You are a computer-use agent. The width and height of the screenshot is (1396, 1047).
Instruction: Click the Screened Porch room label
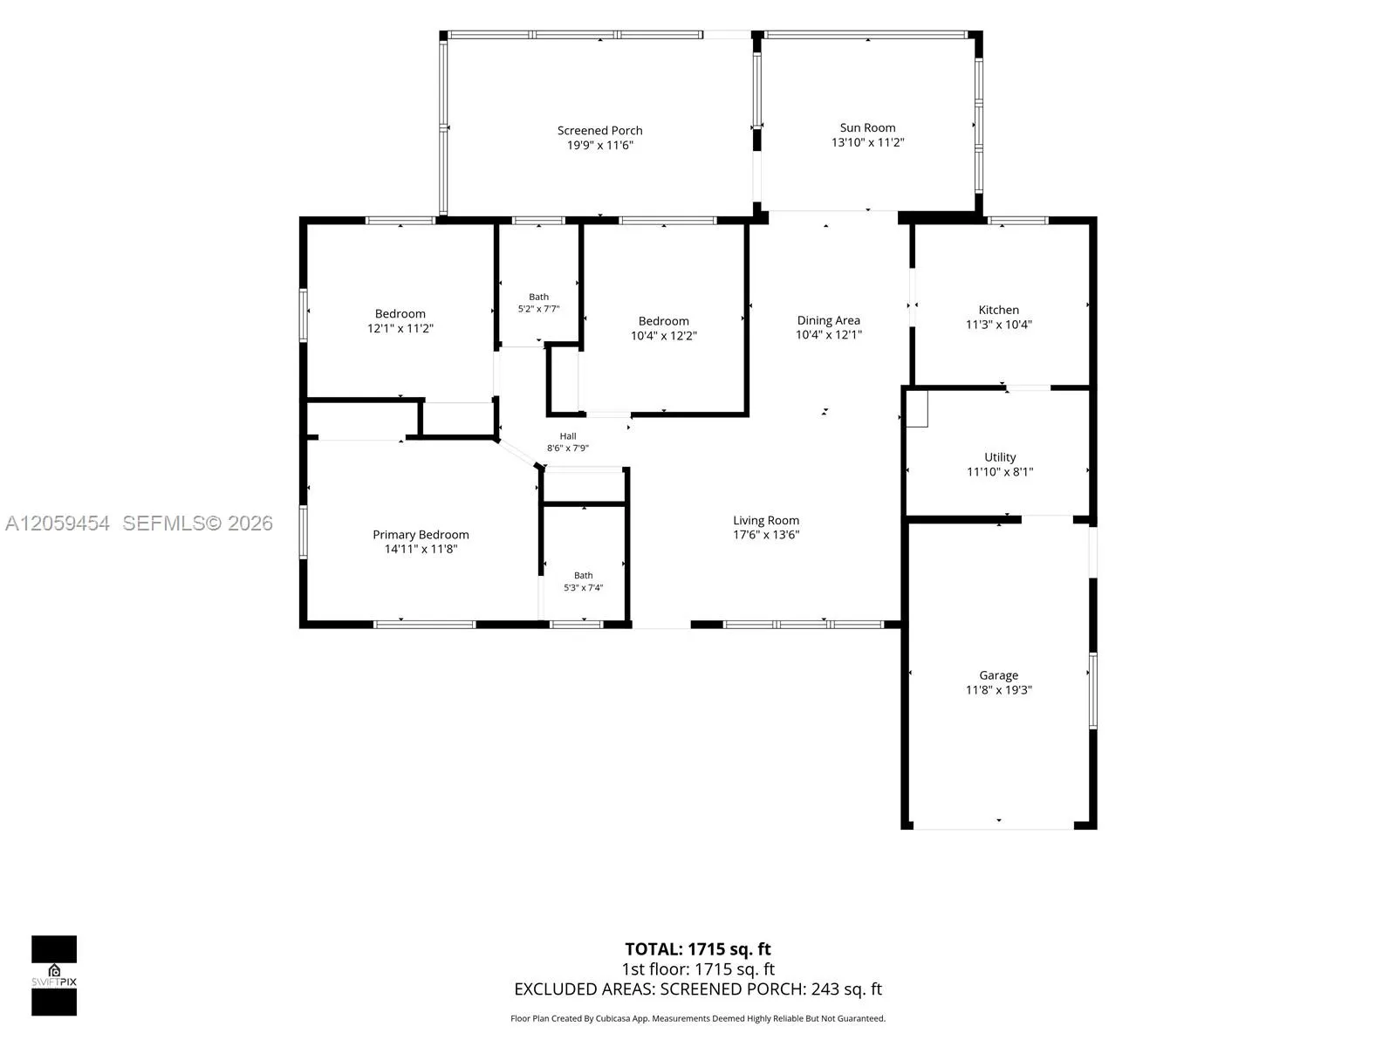[x=599, y=130]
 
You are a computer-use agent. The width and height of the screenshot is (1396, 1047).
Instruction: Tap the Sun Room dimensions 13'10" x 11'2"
[x=867, y=142]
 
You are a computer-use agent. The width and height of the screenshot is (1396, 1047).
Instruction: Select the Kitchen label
[x=998, y=310]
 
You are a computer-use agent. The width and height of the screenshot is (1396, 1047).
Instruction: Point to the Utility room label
[x=1000, y=457]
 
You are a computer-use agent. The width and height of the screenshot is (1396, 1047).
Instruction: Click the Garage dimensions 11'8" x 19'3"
[x=998, y=690]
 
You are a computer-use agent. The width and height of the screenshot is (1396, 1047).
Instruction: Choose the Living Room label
[x=766, y=520]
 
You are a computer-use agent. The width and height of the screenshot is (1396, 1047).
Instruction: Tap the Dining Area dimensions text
[x=829, y=335]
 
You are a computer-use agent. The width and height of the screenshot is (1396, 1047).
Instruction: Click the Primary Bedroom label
[x=421, y=535]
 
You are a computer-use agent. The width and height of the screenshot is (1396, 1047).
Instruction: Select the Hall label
[x=568, y=436]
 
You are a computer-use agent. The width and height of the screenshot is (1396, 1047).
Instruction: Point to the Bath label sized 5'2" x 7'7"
[x=538, y=297]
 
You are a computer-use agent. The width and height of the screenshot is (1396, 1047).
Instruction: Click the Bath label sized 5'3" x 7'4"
[x=583, y=575]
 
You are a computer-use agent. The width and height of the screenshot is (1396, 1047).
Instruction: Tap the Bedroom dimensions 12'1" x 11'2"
[x=400, y=329]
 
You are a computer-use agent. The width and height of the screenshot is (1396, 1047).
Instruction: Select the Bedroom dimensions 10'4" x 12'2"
[x=663, y=336]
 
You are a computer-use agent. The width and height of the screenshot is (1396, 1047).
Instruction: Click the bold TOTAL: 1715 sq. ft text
[x=698, y=949]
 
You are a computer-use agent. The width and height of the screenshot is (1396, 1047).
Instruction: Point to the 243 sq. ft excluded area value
[x=846, y=989]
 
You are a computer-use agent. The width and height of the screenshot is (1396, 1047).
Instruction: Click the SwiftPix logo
[x=54, y=975]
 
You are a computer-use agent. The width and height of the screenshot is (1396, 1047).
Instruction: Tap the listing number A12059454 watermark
[x=58, y=523]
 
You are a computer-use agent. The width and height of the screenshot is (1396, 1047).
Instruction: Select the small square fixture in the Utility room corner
[x=917, y=408]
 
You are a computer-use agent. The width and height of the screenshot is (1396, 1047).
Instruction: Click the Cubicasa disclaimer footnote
[x=698, y=1018]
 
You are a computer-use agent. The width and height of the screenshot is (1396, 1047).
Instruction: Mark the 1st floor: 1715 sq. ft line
[x=698, y=968]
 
